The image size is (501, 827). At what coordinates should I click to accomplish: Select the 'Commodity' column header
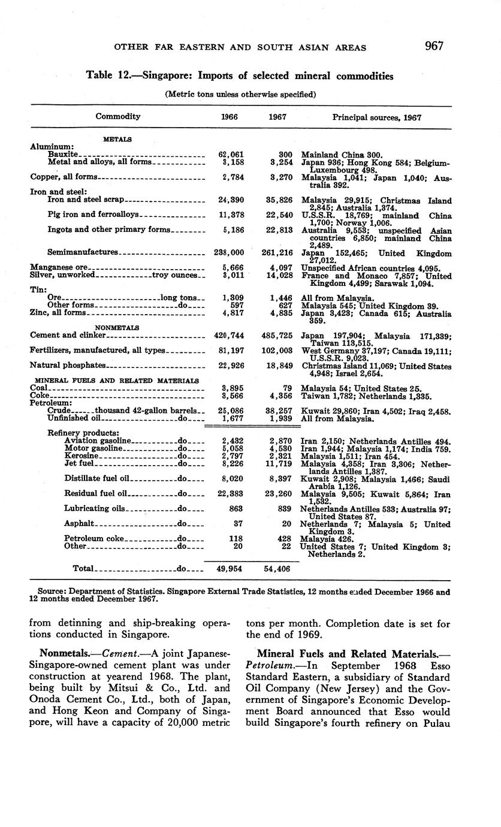point(118,117)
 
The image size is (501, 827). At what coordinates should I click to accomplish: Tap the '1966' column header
point(230,117)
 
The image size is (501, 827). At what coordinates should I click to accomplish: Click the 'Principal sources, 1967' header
point(376,117)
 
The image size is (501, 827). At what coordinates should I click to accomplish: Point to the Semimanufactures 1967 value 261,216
point(276,253)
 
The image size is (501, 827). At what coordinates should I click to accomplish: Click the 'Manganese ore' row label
point(59,267)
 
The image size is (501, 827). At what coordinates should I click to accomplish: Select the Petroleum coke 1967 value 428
point(283,538)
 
